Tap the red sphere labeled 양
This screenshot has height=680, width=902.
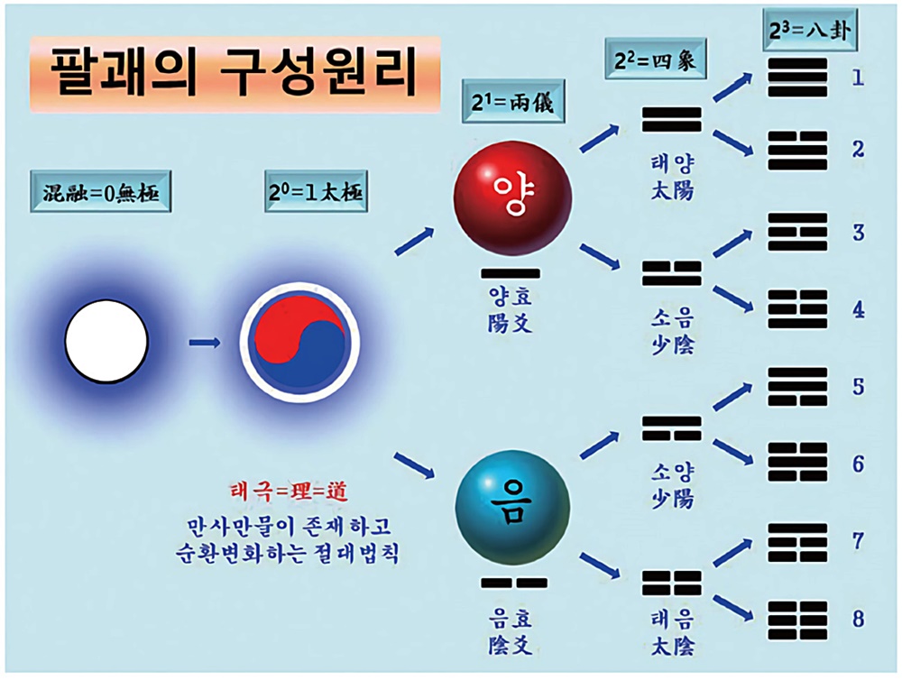pos(512,198)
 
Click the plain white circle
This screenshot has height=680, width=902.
pos(107,342)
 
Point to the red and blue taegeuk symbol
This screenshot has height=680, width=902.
pos(298,343)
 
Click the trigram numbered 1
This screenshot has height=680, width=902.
pos(797,78)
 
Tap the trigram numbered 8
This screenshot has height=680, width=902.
pos(797,619)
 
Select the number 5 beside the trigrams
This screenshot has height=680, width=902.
pos(858,386)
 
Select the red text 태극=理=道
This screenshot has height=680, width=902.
pos(288,493)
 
